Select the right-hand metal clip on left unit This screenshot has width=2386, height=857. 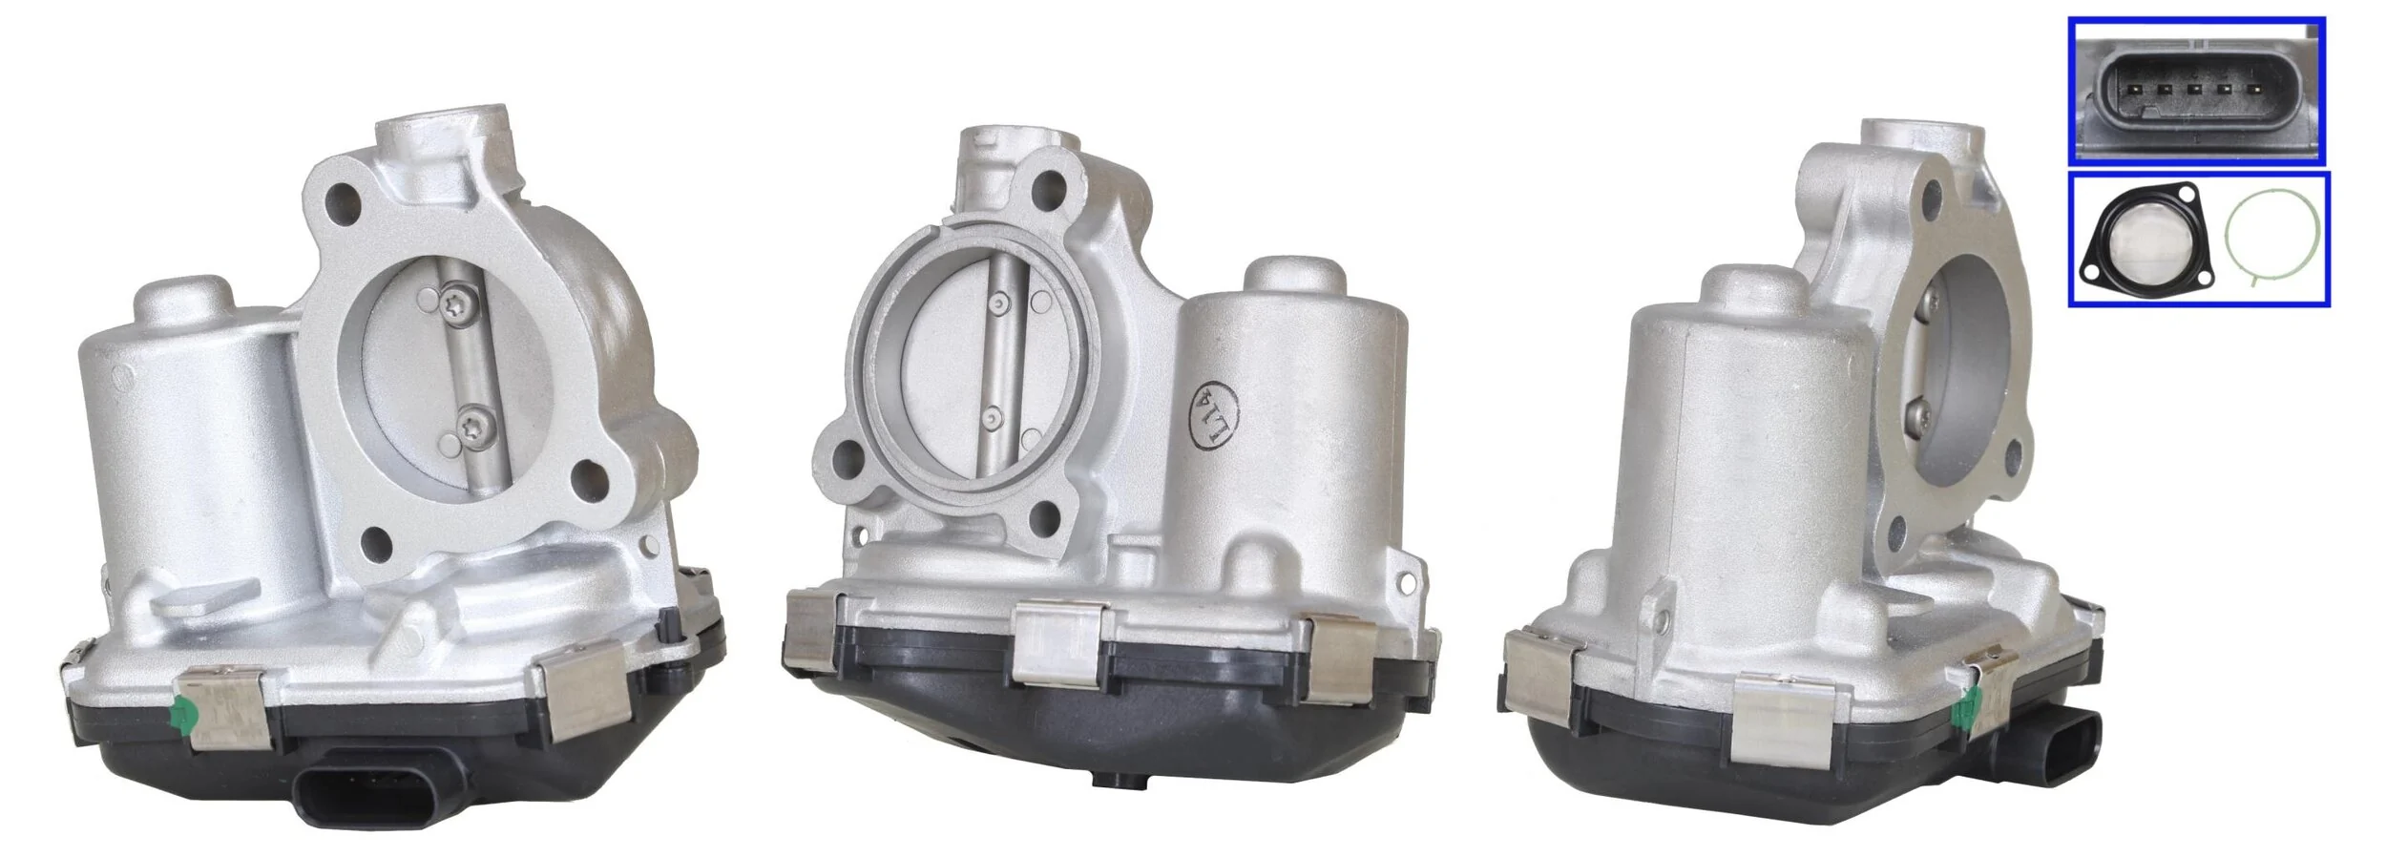click(582, 698)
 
